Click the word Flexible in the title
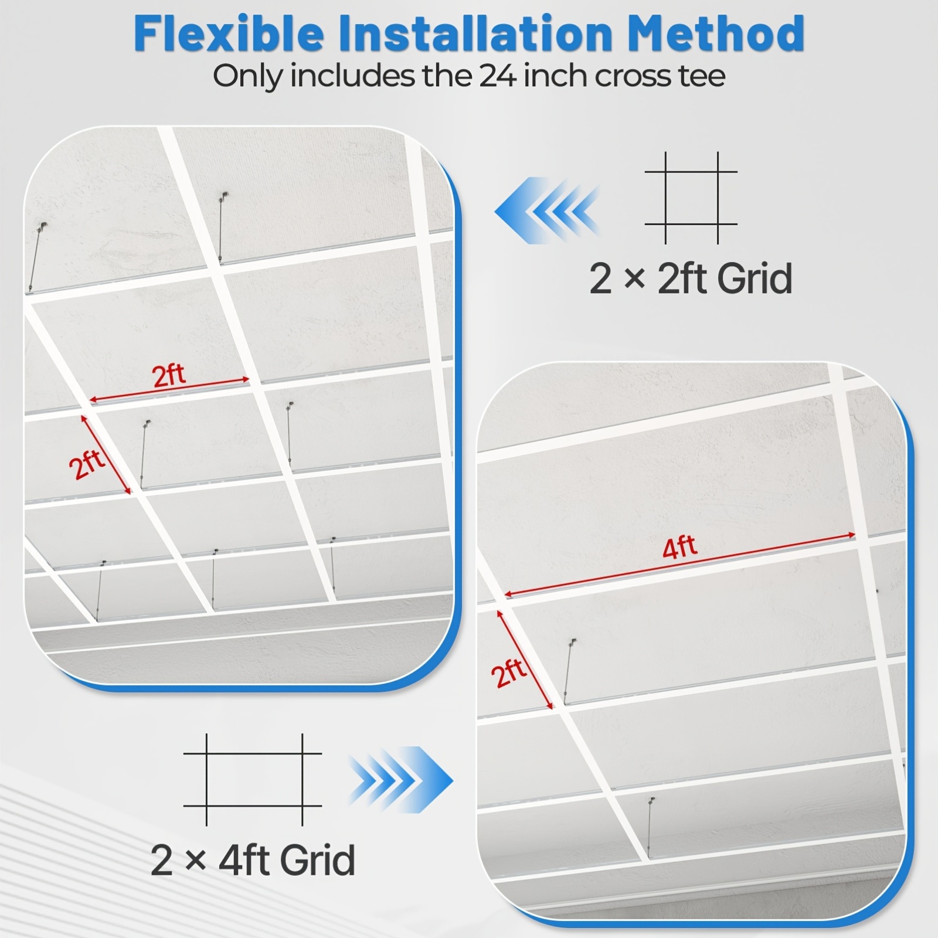(x=229, y=33)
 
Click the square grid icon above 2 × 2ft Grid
(x=691, y=198)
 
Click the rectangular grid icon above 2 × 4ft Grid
(x=253, y=779)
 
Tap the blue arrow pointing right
(x=401, y=780)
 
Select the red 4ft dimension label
(x=679, y=548)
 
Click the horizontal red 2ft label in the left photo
(x=169, y=375)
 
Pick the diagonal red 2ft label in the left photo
(x=87, y=464)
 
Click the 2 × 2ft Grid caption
(x=691, y=278)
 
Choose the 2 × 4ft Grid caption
(x=253, y=860)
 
